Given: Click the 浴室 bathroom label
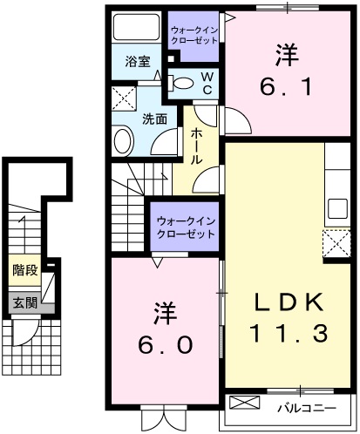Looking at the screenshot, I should point(137,62).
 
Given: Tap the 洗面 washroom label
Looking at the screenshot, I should point(154,119).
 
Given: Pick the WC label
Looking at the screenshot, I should point(208,84).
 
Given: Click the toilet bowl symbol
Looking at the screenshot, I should point(183,84).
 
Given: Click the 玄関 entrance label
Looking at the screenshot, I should point(25,302).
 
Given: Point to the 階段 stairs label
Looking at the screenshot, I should point(24,270).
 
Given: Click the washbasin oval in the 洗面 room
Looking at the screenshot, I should point(122,139).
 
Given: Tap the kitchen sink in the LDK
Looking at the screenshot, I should point(336,209).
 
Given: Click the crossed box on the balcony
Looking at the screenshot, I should point(244,405).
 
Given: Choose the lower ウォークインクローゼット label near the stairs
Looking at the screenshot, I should point(183,229).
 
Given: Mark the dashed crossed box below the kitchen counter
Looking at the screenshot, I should point(336,243).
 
